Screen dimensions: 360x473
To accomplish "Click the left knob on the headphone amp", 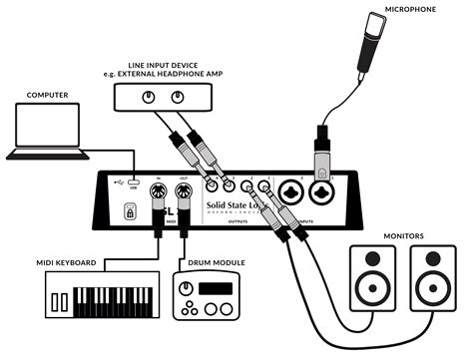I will click(x=149, y=97).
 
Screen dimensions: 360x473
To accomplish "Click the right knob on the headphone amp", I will click(x=178, y=97).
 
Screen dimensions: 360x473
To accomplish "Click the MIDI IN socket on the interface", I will click(x=158, y=191).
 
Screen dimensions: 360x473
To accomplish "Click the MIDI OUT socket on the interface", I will click(x=184, y=191).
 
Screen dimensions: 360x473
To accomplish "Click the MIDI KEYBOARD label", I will click(x=62, y=263).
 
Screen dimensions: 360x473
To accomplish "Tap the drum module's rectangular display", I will click(x=213, y=291).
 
